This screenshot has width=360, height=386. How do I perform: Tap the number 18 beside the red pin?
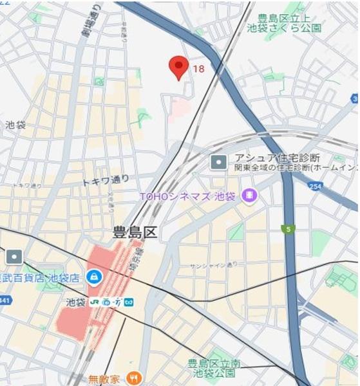[198, 69]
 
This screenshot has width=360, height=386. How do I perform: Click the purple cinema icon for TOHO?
[248, 194]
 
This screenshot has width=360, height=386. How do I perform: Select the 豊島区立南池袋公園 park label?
[213, 369]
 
